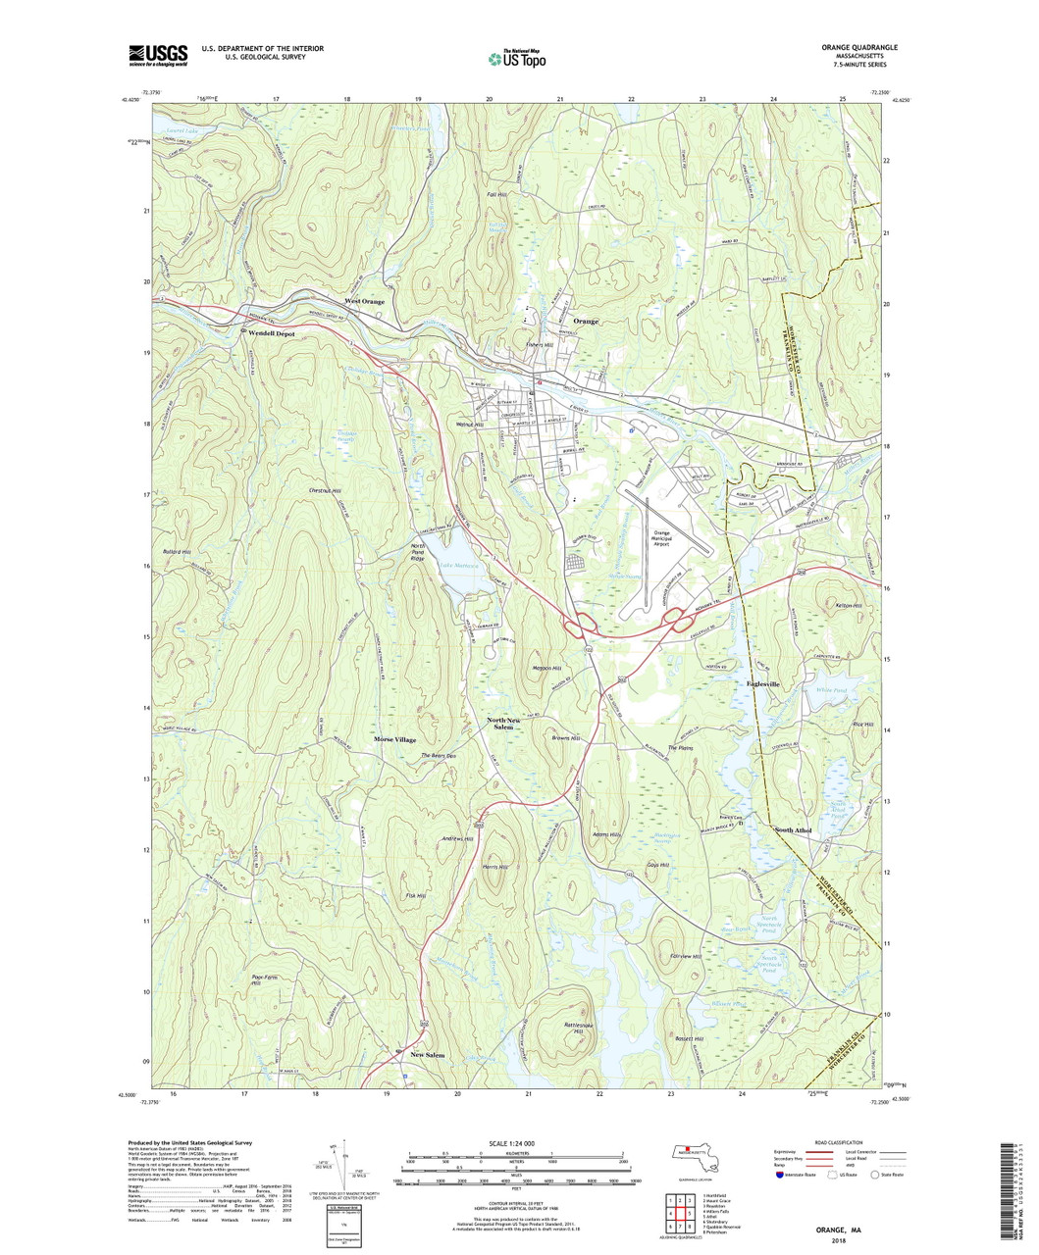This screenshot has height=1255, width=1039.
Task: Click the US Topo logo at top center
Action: (x=518, y=58)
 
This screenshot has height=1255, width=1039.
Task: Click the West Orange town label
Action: (x=363, y=301)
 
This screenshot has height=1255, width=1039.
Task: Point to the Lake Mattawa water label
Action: (x=458, y=566)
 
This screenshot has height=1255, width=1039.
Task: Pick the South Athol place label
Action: (x=793, y=830)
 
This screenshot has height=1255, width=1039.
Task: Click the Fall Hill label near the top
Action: (x=496, y=195)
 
